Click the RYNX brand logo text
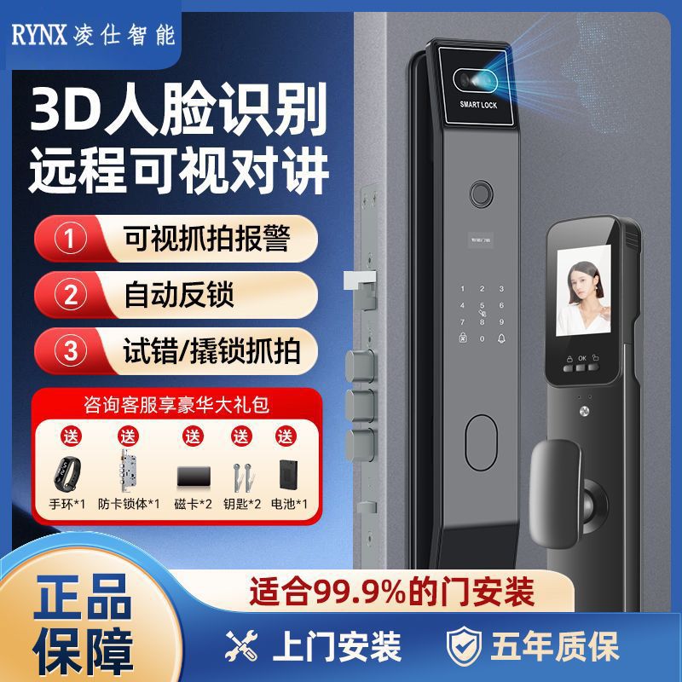pos(43,35)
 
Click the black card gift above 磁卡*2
pos(191,474)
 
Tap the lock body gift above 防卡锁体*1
pos(129,469)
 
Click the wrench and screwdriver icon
pos(246,646)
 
